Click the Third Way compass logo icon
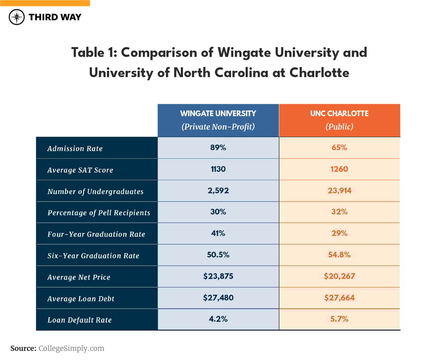point(17,17)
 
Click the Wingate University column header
point(218,120)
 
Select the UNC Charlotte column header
point(339,120)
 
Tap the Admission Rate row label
point(75,149)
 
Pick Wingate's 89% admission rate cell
point(218,148)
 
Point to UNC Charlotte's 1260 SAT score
point(339,170)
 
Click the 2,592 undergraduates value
point(218,191)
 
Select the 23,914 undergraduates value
point(339,191)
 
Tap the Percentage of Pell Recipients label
point(99,213)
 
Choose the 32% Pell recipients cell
point(339,212)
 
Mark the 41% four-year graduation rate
point(218,234)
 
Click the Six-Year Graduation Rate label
point(93,256)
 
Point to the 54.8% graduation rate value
point(339,255)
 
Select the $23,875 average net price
point(218,276)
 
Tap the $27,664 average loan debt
point(339,298)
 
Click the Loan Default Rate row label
point(79,320)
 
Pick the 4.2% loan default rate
point(218,319)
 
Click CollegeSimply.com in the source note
point(72,348)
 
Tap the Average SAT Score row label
point(80,170)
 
